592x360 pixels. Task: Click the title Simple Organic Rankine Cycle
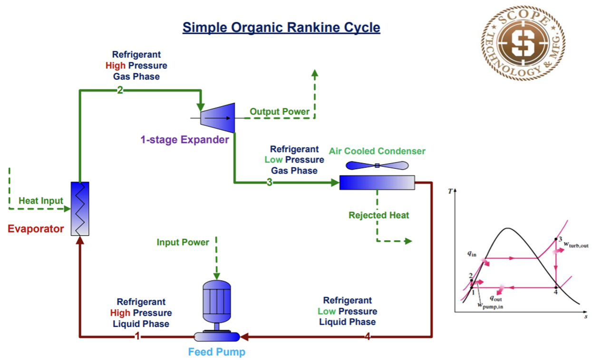pyautogui.click(x=281, y=27)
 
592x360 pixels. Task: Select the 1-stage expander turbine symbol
pyautogui.click(x=218, y=117)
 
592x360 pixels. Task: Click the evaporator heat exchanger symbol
pyautogui.click(x=80, y=208)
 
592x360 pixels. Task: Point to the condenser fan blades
pyautogui.click(x=377, y=165)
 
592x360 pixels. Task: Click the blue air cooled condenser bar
pyautogui.click(x=377, y=183)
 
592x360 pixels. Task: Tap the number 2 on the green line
pyautogui.click(x=120, y=90)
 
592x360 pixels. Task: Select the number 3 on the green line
pyautogui.click(x=269, y=182)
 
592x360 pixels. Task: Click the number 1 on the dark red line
pyautogui.click(x=137, y=337)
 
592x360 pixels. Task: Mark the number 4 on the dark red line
pyautogui.click(x=368, y=337)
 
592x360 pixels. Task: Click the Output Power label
pyautogui.click(x=280, y=112)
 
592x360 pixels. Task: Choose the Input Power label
pyautogui.click(x=183, y=243)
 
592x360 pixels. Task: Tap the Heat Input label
pyautogui.click(x=41, y=201)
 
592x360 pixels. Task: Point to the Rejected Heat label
pyautogui.click(x=379, y=215)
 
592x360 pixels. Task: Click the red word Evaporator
pyautogui.click(x=36, y=229)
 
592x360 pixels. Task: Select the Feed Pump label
pyautogui.click(x=217, y=352)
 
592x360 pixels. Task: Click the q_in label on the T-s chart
pyautogui.click(x=471, y=253)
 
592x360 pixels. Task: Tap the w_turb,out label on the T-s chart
pyautogui.click(x=576, y=244)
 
